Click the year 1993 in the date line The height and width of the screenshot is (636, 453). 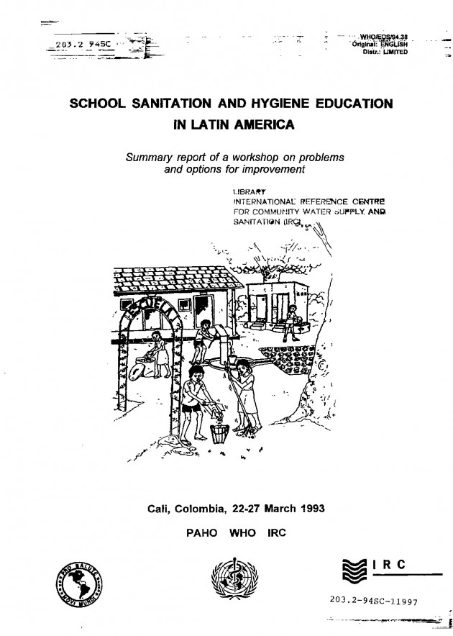click(x=309, y=509)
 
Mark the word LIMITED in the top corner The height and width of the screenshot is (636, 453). click(x=390, y=53)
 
